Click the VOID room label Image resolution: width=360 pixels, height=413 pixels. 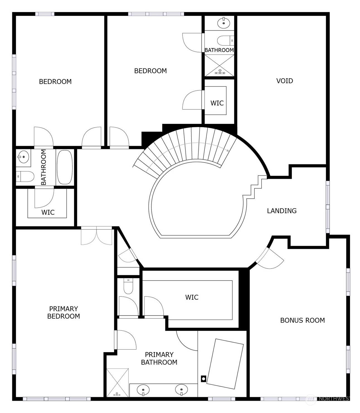pyautogui.click(x=284, y=81)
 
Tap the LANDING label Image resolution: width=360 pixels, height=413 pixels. pyautogui.click(x=282, y=211)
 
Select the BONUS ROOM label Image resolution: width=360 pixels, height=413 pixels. pyautogui.click(x=302, y=320)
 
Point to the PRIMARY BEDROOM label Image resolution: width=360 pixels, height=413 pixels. pyautogui.click(x=64, y=312)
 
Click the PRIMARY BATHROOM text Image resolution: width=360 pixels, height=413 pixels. pyautogui.click(x=159, y=358)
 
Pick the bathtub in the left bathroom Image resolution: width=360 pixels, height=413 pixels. pyautogui.click(x=65, y=167)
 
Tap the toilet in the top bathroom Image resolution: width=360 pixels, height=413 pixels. pyautogui.click(x=225, y=41)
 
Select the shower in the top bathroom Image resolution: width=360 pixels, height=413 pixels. pyautogui.click(x=220, y=65)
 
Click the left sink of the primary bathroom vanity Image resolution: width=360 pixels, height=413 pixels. pyautogui.click(x=143, y=389)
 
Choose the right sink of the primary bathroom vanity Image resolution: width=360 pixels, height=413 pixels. pyautogui.click(x=181, y=389)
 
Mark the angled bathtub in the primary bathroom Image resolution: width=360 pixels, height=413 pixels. pyautogui.click(x=225, y=363)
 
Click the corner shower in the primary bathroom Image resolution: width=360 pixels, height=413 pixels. pyautogui.click(x=118, y=383)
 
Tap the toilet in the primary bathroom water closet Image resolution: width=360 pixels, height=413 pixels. pyautogui.click(x=128, y=287)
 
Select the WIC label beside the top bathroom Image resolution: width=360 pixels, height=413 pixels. pyautogui.click(x=217, y=103)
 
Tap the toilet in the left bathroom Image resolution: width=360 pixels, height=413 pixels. pyautogui.click(x=25, y=176)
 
